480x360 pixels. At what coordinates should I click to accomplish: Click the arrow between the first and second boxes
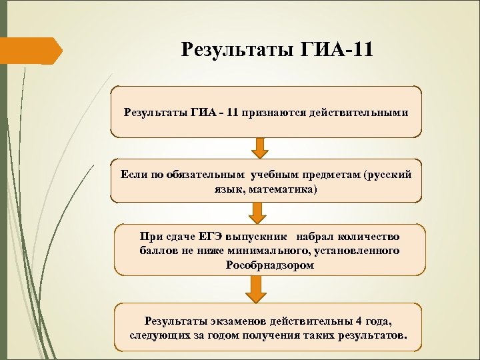[261, 147]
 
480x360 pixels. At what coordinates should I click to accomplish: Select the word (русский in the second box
[389, 175]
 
